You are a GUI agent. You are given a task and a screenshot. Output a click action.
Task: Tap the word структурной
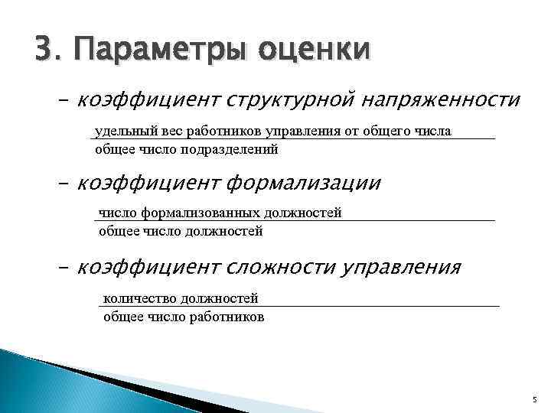coord(289,100)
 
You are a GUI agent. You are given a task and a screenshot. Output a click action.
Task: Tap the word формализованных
coord(194,213)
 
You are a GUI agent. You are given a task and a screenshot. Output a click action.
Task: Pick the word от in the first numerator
coord(351,132)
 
